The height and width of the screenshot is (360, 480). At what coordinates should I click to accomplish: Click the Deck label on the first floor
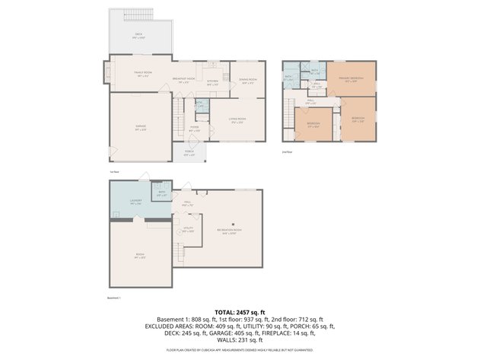coord(138,36)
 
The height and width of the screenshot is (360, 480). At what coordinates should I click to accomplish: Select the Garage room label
coord(141,128)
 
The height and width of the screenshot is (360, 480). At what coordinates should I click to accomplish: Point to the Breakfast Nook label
coord(183,79)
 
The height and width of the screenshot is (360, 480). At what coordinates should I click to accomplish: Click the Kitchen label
coord(213,83)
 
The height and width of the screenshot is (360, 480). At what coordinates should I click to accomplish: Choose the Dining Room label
coord(247,80)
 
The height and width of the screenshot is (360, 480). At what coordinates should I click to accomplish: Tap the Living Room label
coord(237,120)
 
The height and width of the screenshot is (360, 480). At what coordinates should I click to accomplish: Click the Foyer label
coord(194,129)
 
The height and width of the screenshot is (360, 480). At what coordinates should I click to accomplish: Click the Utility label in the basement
coord(188,229)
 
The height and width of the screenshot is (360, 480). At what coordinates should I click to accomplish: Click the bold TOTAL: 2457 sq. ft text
coord(240,312)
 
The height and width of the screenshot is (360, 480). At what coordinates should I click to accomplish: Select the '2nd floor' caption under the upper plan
coord(287,151)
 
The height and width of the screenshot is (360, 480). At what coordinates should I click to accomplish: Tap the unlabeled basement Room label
coord(140,258)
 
